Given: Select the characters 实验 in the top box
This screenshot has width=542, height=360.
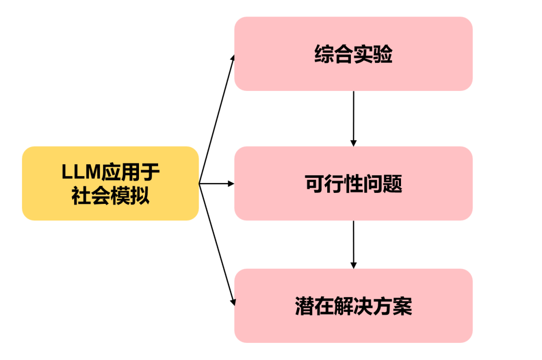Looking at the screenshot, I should coord(373,54).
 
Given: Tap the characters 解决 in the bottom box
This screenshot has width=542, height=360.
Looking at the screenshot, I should coord(353,306).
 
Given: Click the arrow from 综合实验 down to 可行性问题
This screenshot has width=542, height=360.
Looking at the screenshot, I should coord(353,118).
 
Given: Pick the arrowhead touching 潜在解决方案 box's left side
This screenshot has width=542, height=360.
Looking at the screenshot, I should coord(233,302).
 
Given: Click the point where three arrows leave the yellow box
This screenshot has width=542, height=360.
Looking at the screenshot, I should coord(200,184).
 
